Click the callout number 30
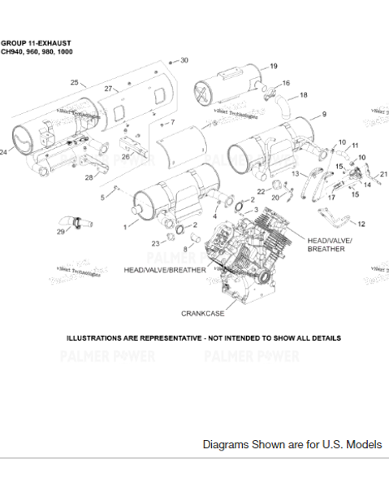tap(184, 60)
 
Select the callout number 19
tap(274, 66)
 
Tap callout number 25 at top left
tap(74, 83)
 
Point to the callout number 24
tap(4, 152)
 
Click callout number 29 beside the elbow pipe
tap(60, 232)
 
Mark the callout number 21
tap(383, 174)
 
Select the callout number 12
tap(361, 224)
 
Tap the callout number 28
tap(89, 177)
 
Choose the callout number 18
tap(304, 95)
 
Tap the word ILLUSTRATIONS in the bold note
tap(98, 338)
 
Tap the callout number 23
tap(154, 243)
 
